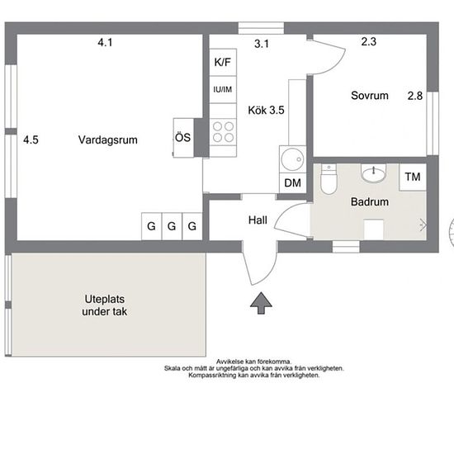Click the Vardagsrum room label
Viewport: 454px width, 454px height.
point(107,140)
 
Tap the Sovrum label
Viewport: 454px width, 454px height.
point(370,96)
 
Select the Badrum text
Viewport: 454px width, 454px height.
point(370,201)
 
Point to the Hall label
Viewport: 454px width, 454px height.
point(258,220)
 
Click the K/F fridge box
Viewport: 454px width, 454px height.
point(223,62)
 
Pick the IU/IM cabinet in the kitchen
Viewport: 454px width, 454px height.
point(223,89)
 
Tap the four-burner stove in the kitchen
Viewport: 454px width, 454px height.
point(223,132)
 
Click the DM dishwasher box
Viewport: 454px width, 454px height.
point(293,182)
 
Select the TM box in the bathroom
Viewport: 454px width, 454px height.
point(413,177)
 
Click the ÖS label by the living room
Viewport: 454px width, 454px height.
point(183,138)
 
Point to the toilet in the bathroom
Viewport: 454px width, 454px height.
point(329,179)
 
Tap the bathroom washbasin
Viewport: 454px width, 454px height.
point(373,173)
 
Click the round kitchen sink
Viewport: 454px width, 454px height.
point(292,159)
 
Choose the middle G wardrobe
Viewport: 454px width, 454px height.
point(172,226)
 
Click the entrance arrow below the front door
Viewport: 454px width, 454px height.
point(261,303)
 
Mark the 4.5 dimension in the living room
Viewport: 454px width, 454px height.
point(31,140)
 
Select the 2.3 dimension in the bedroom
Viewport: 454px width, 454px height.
point(369,42)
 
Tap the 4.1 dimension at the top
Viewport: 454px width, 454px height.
point(105,43)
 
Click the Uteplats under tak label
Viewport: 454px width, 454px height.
point(105,305)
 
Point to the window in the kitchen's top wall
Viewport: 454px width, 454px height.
point(261,28)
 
